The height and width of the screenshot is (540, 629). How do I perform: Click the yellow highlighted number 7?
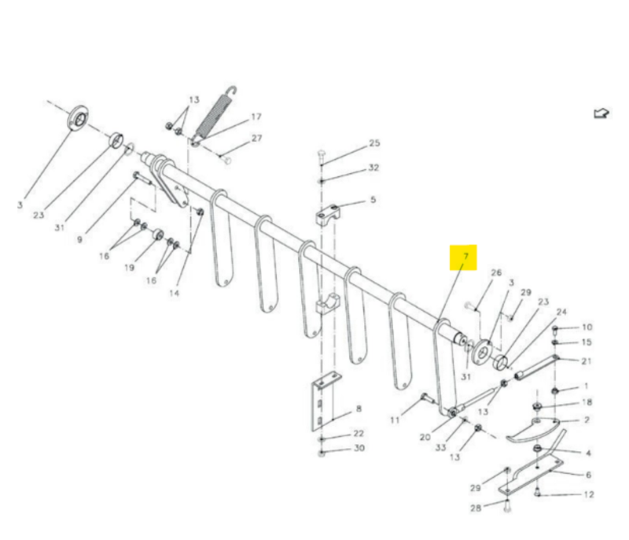pyautogui.click(x=465, y=257)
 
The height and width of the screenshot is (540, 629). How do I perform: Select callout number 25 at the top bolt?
pyautogui.click(x=374, y=143)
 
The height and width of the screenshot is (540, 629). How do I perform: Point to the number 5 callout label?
pyautogui.click(x=373, y=200)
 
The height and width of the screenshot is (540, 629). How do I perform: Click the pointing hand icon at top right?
pyautogui.click(x=601, y=113)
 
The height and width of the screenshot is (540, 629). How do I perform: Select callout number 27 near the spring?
pyautogui.click(x=256, y=138)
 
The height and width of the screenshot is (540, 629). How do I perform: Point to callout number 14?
pyautogui.click(x=175, y=292)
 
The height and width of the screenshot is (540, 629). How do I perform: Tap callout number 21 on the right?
pyautogui.click(x=587, y=361)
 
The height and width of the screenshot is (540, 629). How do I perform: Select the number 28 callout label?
pyautogui.click(x=476, y=509)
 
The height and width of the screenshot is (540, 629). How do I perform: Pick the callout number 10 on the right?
pyautogui.click(x=587, y=327)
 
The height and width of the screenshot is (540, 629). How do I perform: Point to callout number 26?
pyautogui.click(x=496, y=273)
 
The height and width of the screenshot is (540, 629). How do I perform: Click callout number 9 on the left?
pyautogui.click(x=79, y=239)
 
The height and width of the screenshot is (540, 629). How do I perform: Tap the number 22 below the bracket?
pyautogui.click(x=359, y=434)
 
